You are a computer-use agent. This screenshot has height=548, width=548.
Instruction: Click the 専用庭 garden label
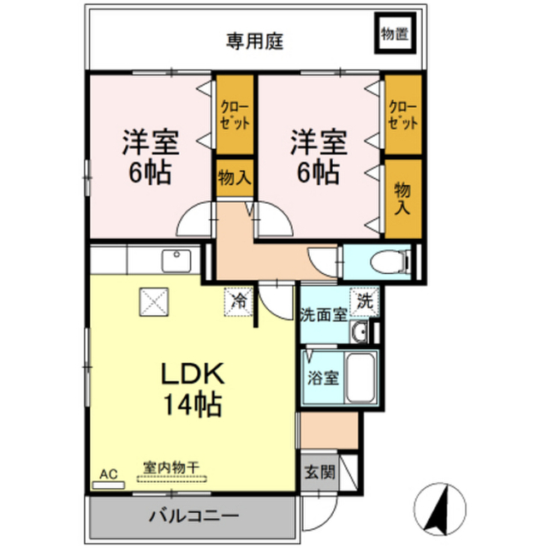tap(255, 39)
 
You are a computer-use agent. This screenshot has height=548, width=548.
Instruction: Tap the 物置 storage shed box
tap(394, 34)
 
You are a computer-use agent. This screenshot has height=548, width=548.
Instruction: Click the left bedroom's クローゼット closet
tap(234, 115)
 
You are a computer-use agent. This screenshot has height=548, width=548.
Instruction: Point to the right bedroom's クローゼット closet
tap(402, 115)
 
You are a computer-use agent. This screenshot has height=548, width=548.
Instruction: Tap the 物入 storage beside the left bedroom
tap(234, 179)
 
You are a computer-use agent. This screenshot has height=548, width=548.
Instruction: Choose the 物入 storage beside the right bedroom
tap(402, 198)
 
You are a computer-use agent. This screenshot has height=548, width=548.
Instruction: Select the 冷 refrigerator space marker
tap(240, 301)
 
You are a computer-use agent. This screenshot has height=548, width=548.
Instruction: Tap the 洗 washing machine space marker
tap(365, 301)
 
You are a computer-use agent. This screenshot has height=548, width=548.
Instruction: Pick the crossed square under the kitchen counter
tap(156, 301)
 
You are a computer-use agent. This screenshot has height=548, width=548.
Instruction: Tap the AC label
tap(108, 474)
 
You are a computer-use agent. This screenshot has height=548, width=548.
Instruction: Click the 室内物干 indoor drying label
tap(171, 468)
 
